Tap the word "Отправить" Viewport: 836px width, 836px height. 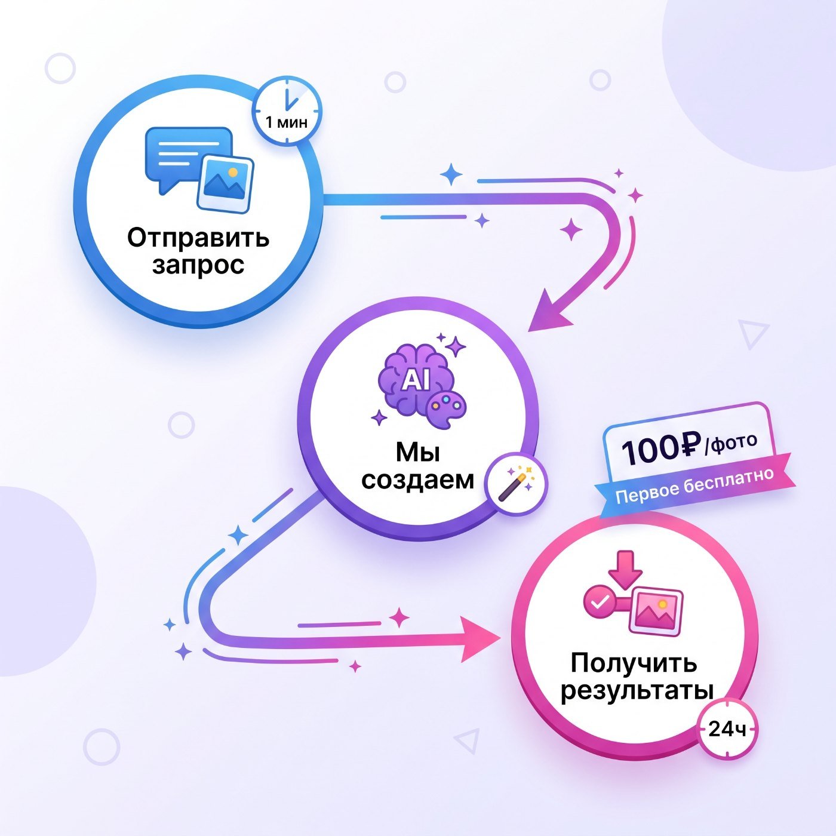pyautogui.click(x=198, y=238)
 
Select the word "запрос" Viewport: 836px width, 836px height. pyautogui.click(x=198, y=265)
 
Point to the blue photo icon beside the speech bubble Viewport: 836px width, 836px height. pyautogui.click(x=225, y=184)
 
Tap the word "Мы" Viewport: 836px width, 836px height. pyautogui.click(x=418, y=453)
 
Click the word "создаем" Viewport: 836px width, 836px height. pyautogui.click(x=418, y=480)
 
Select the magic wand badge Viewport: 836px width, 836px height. pyautogui.click(x=517, y=485)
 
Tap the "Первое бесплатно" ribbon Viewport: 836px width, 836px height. pyautogui.click(x=694, y=485)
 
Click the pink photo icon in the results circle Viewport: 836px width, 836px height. pyautogui.click(x=656, y=611)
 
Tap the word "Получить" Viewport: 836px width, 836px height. pyautogui.click(x=634, y=662)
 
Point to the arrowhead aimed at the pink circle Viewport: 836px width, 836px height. pyautogui.click(x=480, y=638)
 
